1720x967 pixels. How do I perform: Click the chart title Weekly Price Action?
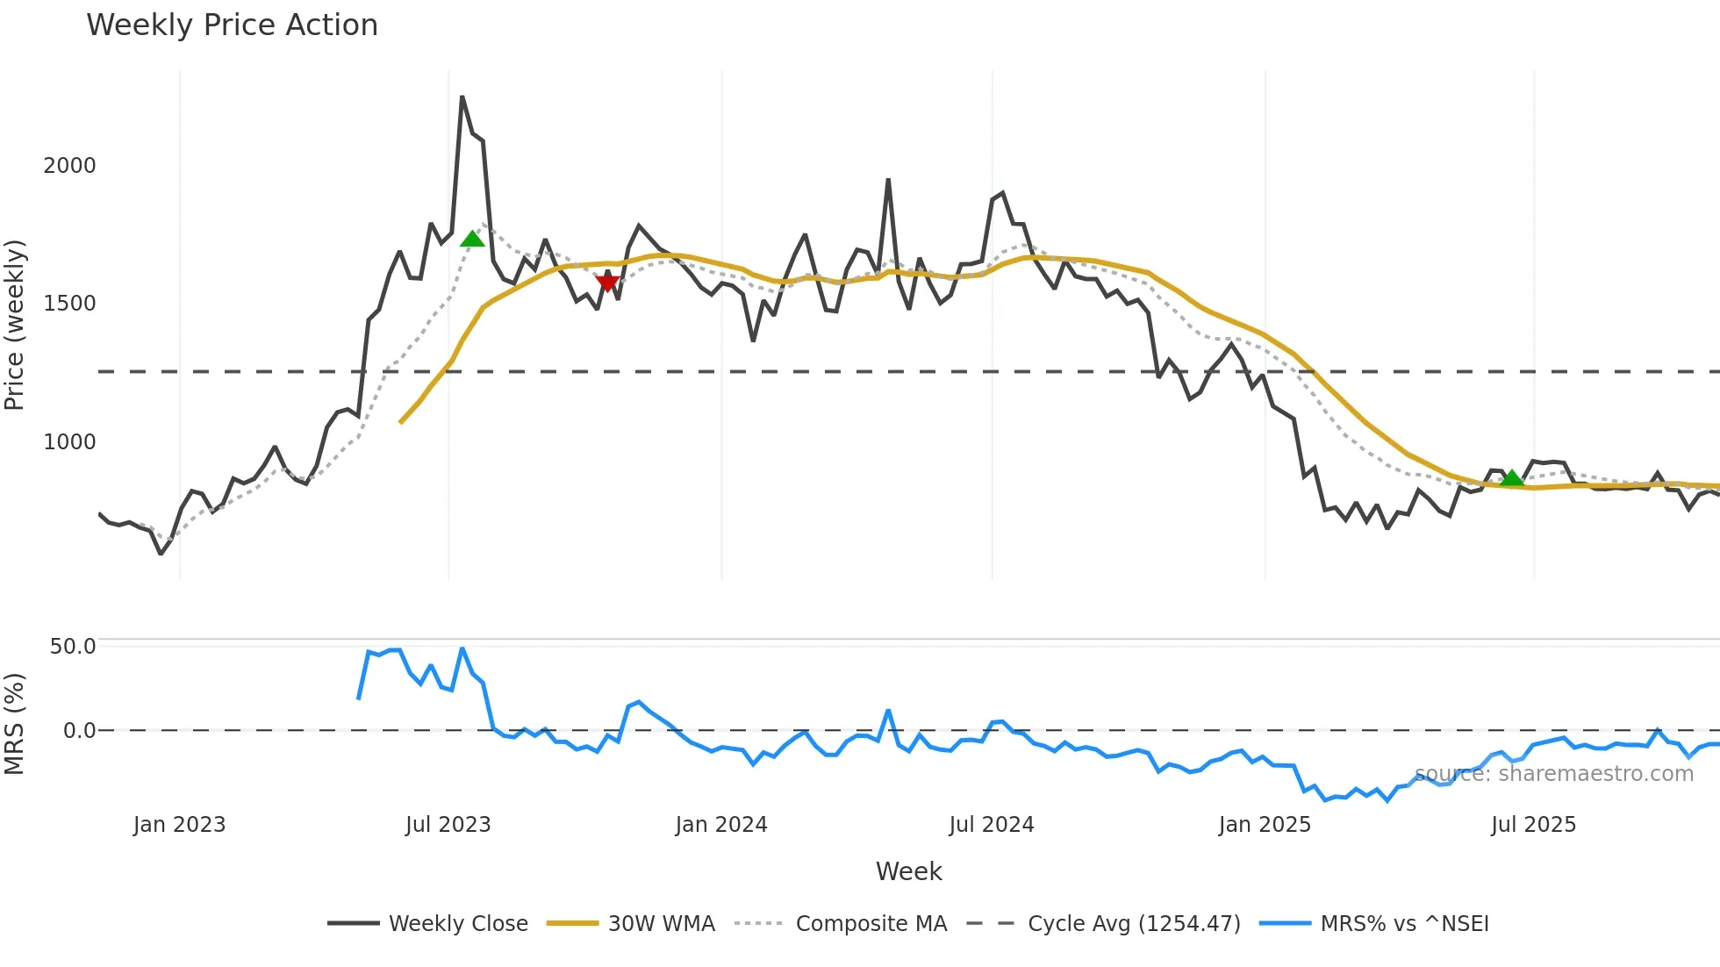pyautogui.click(x=232, y=25)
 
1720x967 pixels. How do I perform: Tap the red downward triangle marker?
pyautogui.click(x=607, y=283)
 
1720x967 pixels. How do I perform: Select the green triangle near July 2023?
pyautogui.click(x=472, y=239)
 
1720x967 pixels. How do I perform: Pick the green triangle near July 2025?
pyautogui.click(x=1511, y=478)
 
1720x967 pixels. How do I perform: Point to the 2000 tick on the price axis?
pyautogui.click(x=69, y=165)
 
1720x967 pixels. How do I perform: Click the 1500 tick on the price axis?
pyautogui.click(x=69, y=304)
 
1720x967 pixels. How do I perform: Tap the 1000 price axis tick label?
pyautogui.click(x=69, y=441)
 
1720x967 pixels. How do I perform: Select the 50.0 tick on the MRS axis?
pyautogui.click(x=73, y=647)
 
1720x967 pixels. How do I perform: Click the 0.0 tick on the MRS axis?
pyautogui.click(x=80, y=730)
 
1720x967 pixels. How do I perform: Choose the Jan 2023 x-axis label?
pyautogui.click(x=179, y=825)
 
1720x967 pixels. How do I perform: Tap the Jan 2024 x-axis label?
pyautogui.click(x=721, y=825)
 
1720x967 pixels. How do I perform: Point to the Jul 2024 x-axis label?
pyautogui.click(x=992, y=825)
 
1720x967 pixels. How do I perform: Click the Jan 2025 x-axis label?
pyautogui.click(x=1265, y=825)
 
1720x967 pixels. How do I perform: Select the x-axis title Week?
pyautogui.click(x=908, y=871)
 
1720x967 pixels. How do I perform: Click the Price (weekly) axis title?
pyautogui.click(x=15, y=325)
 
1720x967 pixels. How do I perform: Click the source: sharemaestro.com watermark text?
pyautogui.click(x=1553, y=774)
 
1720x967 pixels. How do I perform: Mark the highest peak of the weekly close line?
pyautogui.click(x=462, y=97)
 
